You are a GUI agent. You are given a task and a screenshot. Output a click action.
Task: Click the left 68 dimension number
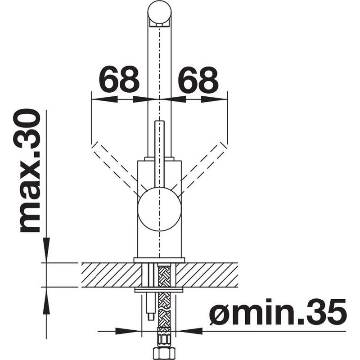[x=119, y=79]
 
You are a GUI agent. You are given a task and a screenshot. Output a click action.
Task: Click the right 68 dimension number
[x=198, y=79]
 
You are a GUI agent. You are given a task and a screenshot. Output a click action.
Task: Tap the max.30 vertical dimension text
[x=30, y=171]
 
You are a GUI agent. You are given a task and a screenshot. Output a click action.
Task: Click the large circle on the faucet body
[x=160, y=208]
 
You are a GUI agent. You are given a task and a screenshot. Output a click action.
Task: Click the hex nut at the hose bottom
[x=164, y=354]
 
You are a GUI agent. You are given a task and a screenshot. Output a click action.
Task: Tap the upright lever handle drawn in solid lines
[x=159, y=154]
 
